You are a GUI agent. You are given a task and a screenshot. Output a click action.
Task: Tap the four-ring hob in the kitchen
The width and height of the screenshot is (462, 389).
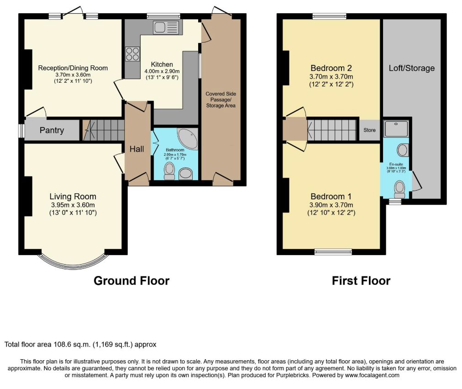[x=132, y=54]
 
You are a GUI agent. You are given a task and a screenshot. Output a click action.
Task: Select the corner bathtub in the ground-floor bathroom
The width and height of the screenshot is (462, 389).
[x=188, y=139]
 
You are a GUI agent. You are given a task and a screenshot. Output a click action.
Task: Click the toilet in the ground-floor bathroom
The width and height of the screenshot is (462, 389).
[x=169, y=171]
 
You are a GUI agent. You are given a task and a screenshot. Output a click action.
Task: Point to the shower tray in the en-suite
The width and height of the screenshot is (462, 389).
[x=396, y=128]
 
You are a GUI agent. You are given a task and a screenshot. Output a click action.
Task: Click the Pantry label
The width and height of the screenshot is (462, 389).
[x=52, y=130]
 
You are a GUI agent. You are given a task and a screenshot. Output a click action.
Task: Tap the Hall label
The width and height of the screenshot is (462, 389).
[x=136, y=149]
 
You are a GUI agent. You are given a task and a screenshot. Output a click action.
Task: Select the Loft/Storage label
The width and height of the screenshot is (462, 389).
[x=412, y=68]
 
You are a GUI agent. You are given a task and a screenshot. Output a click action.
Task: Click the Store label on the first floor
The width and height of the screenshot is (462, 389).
[x=369, y=130]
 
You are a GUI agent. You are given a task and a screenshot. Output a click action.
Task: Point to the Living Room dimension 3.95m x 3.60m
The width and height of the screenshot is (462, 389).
[x=73, y=205]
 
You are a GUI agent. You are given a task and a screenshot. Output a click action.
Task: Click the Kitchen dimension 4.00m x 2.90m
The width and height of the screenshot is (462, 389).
[x=162, y=71]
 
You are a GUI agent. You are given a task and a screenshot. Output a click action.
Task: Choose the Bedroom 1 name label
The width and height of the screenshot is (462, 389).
[x=331, y=197]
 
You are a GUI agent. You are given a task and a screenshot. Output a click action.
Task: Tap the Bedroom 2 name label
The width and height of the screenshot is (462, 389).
[x=331, y=68]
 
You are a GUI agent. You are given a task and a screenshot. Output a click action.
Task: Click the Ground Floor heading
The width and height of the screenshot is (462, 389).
[x=131, y=281]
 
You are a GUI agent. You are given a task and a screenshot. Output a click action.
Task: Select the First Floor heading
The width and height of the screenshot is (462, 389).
[x=361, y=281]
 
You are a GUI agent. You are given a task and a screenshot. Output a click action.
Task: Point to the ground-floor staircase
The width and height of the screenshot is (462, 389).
[x=103, y=130]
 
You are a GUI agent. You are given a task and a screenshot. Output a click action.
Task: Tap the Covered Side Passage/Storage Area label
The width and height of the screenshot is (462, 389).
[x=220, y=100]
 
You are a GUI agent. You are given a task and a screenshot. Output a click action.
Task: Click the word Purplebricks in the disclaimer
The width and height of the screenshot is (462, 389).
[x=293, y=375]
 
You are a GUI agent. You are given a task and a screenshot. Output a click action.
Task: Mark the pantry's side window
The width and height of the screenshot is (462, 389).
[x=21, y=130]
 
